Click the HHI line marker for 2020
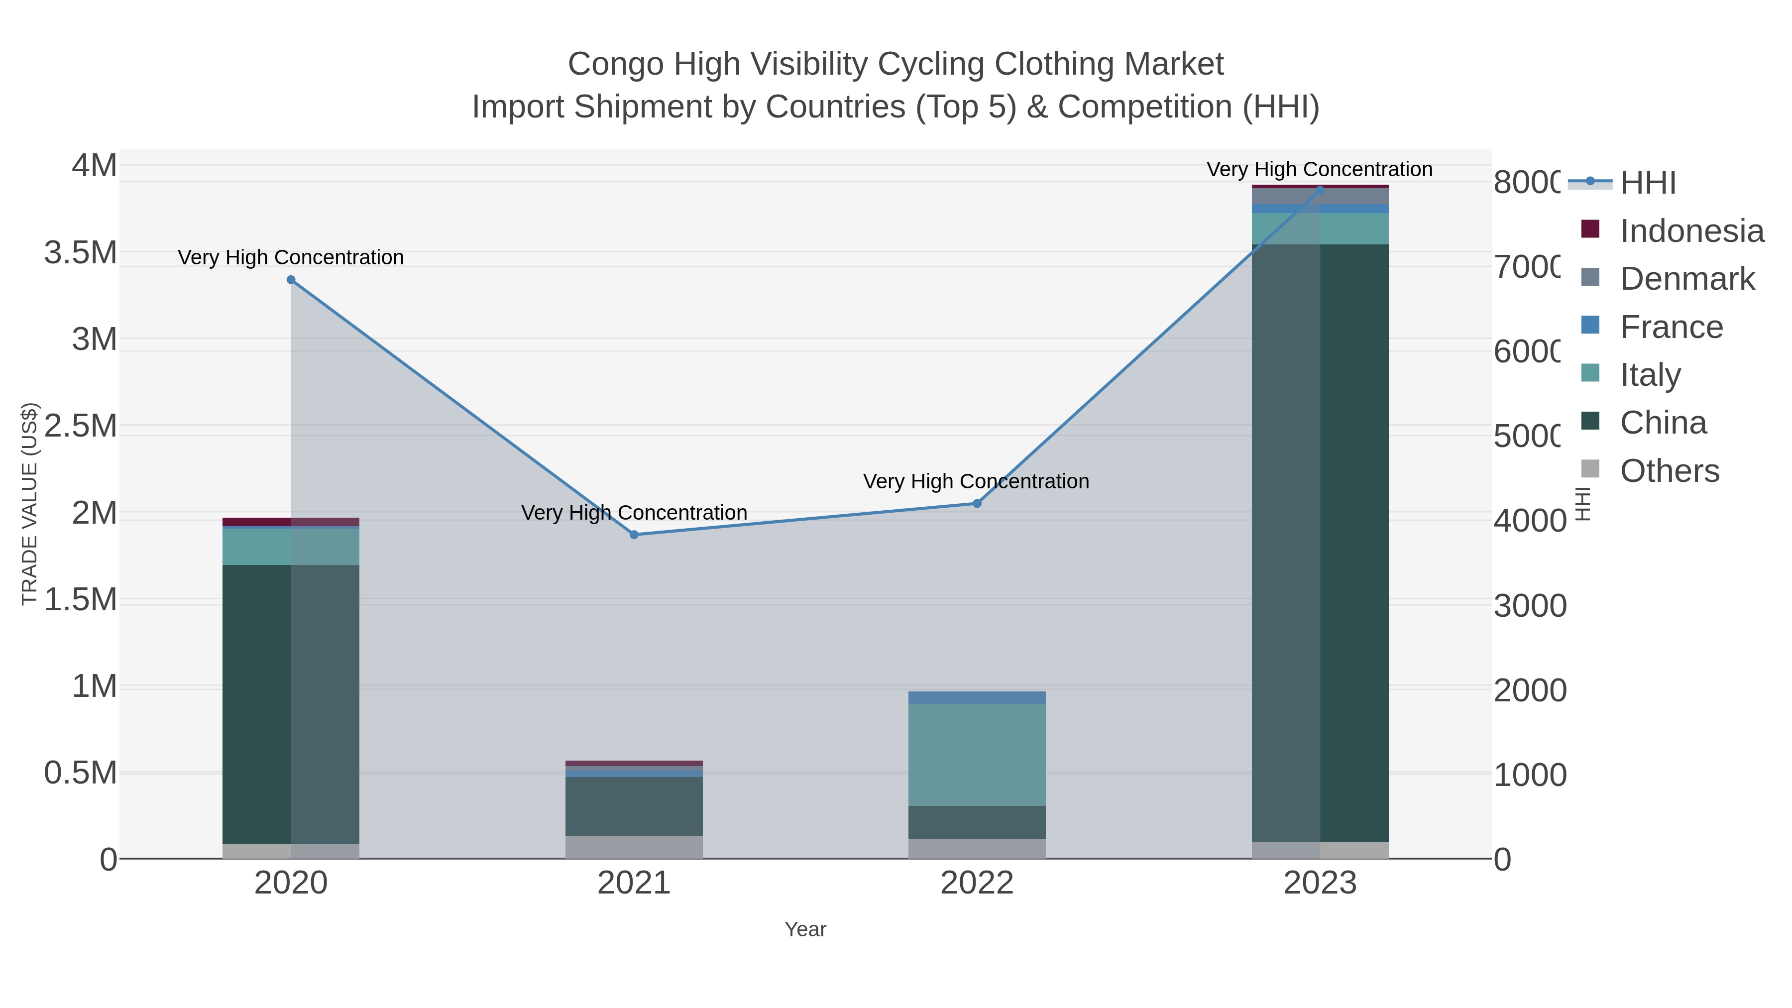[291, 280]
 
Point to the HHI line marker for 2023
[1320, 190]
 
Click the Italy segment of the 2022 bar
[977, 755]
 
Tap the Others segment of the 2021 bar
[634, 847]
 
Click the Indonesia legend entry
[1690, 231]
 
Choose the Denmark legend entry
[1686, 279]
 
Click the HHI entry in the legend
[1647, 183]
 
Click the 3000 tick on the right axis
[1529, 606]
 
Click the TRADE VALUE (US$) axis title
[29, 504]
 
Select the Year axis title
[805, 929]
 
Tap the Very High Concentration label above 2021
[634, 513]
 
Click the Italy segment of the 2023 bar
[1320, 229]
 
